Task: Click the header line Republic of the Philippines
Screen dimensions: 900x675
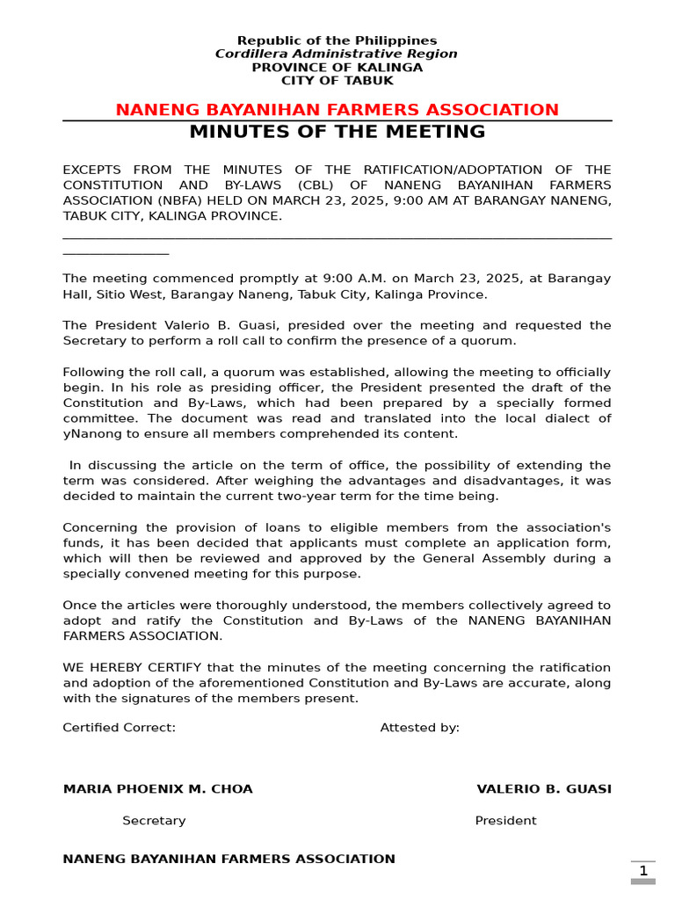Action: (337, 40)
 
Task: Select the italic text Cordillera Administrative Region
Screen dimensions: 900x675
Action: (337, 54)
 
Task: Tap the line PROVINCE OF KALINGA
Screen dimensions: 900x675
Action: (337, 68)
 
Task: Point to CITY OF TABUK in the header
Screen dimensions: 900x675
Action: (337, 81)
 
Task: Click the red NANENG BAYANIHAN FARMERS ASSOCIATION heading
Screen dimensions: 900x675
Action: (337, 110)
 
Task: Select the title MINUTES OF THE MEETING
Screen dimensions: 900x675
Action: (337, 132)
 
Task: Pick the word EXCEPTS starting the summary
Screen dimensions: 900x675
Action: (94, 170)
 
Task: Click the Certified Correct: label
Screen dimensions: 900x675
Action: (119, 728)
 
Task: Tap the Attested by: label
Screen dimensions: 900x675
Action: (419, 728)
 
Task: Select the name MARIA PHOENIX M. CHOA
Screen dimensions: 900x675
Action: (157, 789)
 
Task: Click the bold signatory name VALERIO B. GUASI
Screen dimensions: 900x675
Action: (543, 789)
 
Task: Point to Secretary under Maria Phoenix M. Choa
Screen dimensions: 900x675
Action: (154, 821)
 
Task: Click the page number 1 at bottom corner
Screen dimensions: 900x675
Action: (642, 871)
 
